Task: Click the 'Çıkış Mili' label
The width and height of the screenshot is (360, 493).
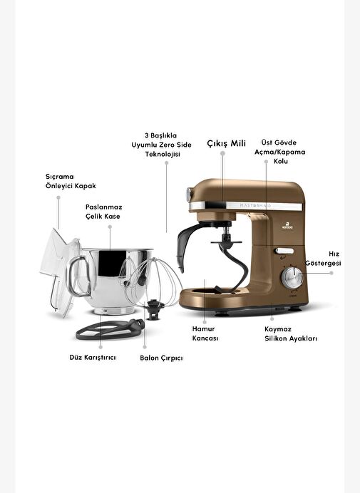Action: (x=226, y=143)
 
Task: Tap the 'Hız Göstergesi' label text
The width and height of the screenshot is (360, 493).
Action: (x=323, y=259)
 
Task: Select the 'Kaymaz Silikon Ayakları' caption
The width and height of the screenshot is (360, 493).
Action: (x=290, y=334)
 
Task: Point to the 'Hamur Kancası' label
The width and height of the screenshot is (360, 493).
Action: (x=205, y=333)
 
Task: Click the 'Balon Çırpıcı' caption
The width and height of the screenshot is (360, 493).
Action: (x=161, y=358)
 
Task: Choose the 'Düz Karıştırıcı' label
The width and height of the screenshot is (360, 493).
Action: (x=93, y=358)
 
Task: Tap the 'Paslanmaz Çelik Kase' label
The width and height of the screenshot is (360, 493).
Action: (x=103, y=212)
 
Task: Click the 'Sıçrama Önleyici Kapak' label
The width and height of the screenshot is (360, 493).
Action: (x=71, y=181)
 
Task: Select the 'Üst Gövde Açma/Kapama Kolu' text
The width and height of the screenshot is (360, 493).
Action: (x=279, y=152)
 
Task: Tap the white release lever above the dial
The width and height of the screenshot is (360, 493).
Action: (x=284, y=251)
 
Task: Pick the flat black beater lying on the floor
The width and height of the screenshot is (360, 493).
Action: (x=110, y=330)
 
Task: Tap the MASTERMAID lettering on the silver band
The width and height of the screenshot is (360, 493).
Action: (x=255, y=206)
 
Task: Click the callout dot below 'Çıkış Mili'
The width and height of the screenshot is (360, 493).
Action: (x=222, y=153)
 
